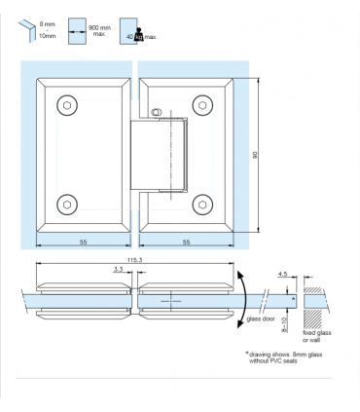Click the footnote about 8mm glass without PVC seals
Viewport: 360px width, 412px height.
[289, 357]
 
